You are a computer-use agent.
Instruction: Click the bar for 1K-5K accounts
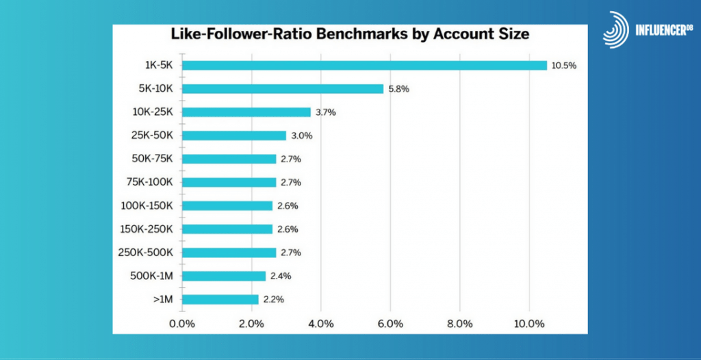tap(364, 65)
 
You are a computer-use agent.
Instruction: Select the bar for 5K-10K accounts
tap(283, 88)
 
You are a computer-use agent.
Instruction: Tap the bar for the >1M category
tap(220, 299)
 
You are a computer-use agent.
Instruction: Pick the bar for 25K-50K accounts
tap(234, 136)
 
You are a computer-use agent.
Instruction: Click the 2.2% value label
tap(272, 299)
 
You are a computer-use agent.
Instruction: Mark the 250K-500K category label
tap(146, 252)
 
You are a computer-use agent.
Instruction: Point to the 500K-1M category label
tap(151, 275)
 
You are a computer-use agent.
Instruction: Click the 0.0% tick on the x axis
tap(182, 323)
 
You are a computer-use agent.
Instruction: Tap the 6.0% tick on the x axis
tap(390, 323)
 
